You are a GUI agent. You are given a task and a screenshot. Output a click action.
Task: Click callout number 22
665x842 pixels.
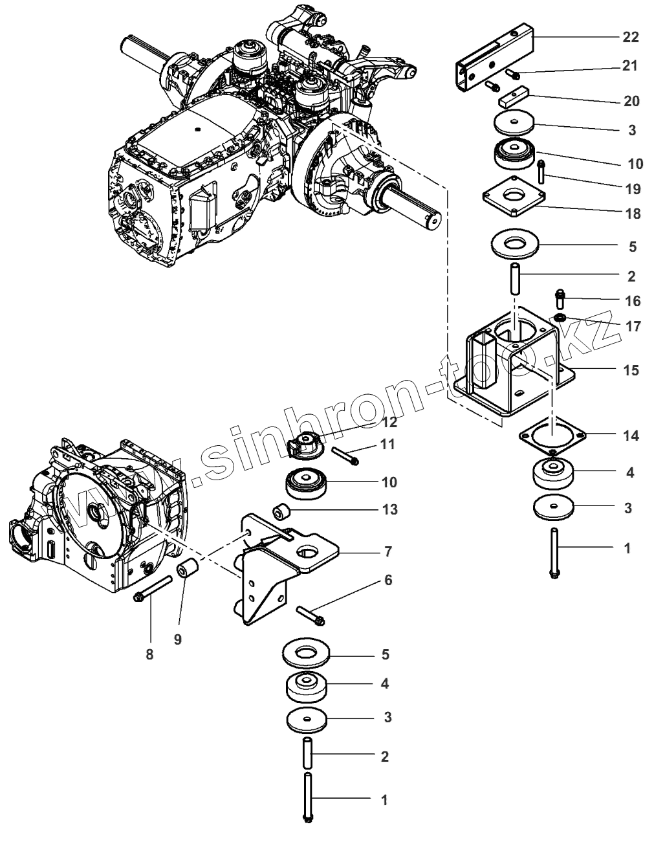coord(630,38)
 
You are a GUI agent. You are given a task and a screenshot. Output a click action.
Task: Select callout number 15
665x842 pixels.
coord(630,370)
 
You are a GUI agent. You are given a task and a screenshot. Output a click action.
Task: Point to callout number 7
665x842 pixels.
coord(387,551)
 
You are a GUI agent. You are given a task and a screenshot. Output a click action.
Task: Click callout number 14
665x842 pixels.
coord(630,436)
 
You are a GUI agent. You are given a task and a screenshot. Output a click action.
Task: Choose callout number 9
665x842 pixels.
coord(177,639)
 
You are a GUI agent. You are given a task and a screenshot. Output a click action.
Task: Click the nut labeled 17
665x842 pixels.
coord(560,318)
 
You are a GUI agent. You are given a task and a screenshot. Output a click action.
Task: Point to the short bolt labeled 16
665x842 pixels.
coord(561,300)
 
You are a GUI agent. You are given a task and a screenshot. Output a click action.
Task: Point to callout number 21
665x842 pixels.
coord(630,66)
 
